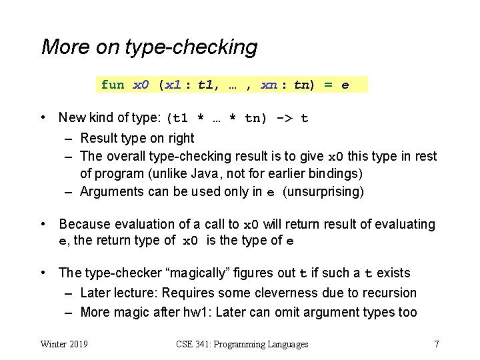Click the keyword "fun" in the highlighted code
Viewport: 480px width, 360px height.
pos(113,85)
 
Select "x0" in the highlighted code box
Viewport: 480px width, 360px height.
pos(141,85)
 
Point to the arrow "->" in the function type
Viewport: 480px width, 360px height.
pos(283,119)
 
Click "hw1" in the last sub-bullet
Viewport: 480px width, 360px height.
pos(199,312)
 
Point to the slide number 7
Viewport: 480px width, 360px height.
pos(436,344)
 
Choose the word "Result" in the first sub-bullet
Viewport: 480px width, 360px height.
pos(99,138)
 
